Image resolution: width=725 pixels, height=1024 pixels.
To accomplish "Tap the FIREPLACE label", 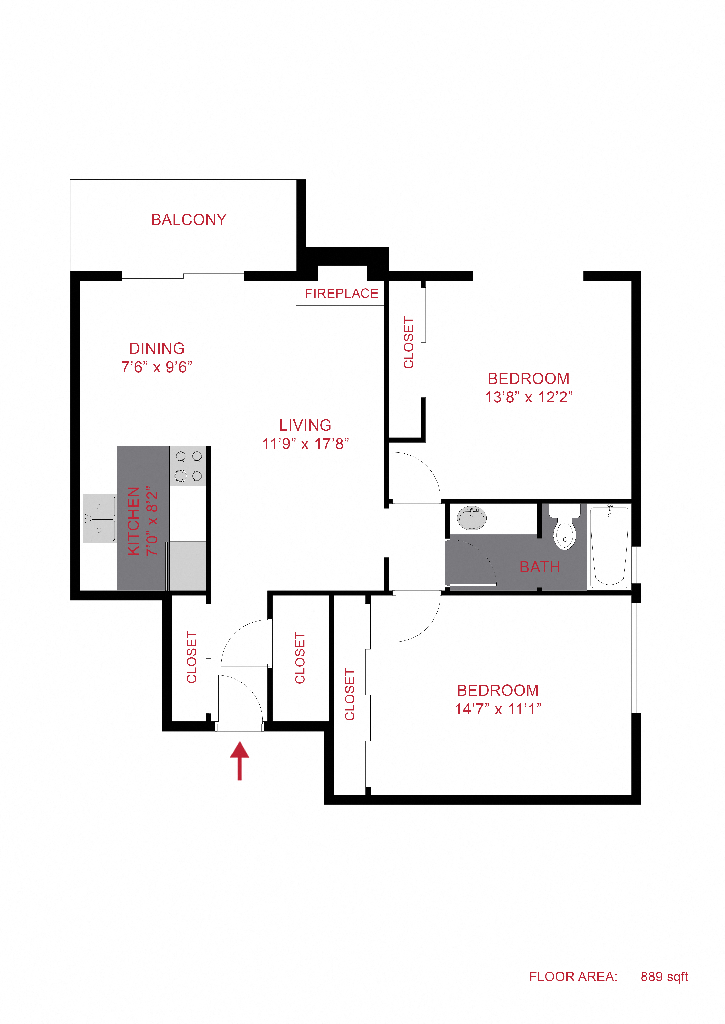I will (341, 294).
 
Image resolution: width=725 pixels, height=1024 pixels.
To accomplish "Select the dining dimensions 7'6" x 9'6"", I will (157, 367).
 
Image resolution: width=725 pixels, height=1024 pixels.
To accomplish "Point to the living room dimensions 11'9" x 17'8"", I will (305, 444).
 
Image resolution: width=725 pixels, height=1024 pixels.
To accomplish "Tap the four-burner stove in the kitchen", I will (188, 466).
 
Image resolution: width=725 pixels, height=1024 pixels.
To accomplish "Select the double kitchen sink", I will (99, 518).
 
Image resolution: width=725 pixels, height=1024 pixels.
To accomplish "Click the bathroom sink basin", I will (471, 518).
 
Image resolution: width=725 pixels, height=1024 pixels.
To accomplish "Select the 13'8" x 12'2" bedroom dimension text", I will (529, 397).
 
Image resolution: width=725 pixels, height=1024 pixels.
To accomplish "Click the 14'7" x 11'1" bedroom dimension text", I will (498, 709).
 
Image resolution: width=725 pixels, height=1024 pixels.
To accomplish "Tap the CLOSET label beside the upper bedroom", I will (408, 342).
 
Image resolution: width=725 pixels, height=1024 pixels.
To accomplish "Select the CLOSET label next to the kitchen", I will (192, 657).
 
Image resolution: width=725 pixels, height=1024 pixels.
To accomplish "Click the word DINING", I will (157, 348).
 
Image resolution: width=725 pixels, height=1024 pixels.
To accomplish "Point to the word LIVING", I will (305, 425).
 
